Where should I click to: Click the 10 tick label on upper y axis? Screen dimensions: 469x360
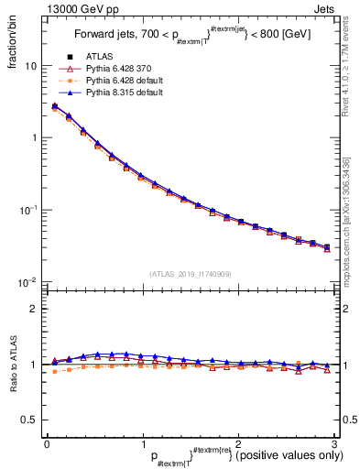[31, 66]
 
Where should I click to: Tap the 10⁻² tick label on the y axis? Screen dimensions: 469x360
[27, 281]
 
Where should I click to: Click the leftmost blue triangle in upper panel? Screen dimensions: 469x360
[54, 106]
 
